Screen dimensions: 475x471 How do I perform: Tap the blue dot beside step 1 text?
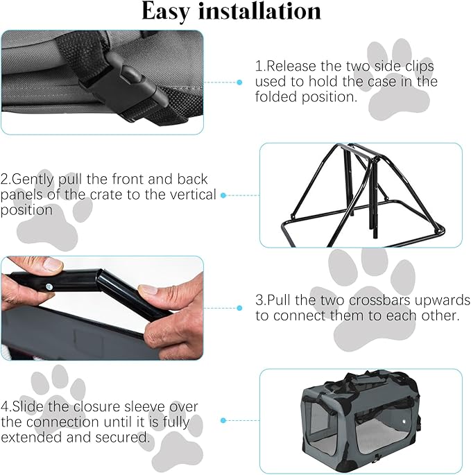[239, 82]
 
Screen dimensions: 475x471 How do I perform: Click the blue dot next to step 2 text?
[223, 196]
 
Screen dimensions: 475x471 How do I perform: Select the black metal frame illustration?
[360, 193]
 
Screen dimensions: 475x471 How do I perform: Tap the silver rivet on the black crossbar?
[50, 285]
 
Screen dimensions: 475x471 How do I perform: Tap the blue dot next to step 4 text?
[223, 420]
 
